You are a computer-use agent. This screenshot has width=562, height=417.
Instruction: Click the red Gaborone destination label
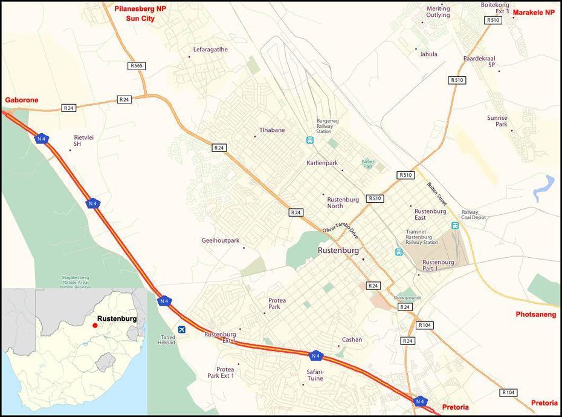[x=22, y=100]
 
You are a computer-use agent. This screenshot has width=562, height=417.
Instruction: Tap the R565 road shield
[x=137, y=65]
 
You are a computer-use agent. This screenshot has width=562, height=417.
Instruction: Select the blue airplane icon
[x=182, y=329]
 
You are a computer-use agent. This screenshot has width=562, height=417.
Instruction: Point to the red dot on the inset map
[x=94, y=326]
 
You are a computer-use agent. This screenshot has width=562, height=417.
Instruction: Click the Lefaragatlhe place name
[x=210, y=50]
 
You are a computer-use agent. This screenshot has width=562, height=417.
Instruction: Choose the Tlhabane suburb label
[x=272, y=130]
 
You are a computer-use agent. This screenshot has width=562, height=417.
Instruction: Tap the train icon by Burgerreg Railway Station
[x=309, y=140]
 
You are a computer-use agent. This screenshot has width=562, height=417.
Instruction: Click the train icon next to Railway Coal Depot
[x=454, y=225]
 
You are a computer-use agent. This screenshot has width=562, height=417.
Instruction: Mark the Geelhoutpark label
[x=220, y=240]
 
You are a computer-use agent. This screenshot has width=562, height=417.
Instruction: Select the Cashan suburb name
[x=352, y=340]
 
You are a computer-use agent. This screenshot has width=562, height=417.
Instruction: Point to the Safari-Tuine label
[x=315, y=375]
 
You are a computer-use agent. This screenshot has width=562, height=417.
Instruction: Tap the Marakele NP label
[x=534, y=13]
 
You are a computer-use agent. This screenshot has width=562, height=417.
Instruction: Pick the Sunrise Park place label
[x=497, y=121]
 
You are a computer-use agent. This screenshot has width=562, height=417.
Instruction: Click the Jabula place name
[x=428, y=54]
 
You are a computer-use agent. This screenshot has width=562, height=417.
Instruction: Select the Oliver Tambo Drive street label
[x=340, y=228]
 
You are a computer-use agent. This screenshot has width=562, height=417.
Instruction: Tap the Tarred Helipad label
[x=167, y=340]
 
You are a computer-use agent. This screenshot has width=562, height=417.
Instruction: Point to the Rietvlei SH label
[x=83, y=140]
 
